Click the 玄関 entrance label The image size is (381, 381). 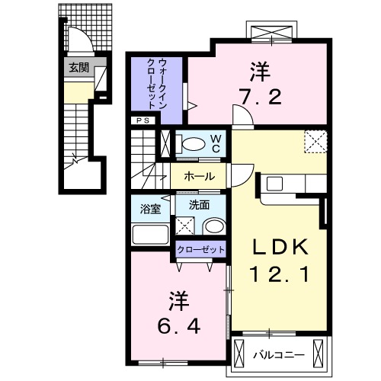coord(78,68)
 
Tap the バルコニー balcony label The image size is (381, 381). coord(280,354)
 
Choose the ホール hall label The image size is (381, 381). coord(198,177)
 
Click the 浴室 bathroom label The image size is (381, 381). coord(149,207)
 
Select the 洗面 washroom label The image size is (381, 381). coord(199,207)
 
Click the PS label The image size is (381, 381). coord(142,120)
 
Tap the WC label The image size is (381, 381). coord(216,143)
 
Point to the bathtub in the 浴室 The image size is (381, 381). coord(150,232)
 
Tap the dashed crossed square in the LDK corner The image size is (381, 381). coord(315,142)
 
